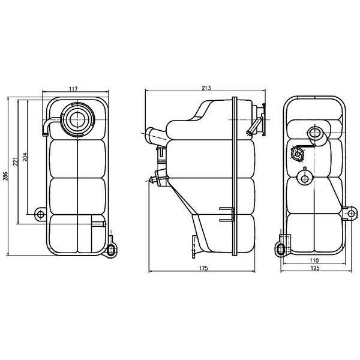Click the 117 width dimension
[x=73, y=89]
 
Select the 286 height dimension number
[x=6, y=176]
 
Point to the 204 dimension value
[x=25, y=157]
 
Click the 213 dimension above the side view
[x=206, y=88]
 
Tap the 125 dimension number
[x=315, y=268]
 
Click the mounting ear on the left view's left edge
[x=40, y=214]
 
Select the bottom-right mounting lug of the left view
[x=112, y=249]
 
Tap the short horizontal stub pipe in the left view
[x=98, y=225]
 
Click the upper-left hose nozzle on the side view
[x=153, y=133]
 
